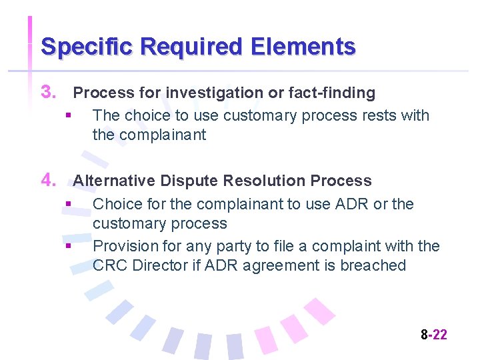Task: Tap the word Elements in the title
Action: (304, 47)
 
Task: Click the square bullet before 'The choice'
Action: (68, 116)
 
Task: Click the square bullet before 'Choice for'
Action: (68, 205)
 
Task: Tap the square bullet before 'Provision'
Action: (68, 247)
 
